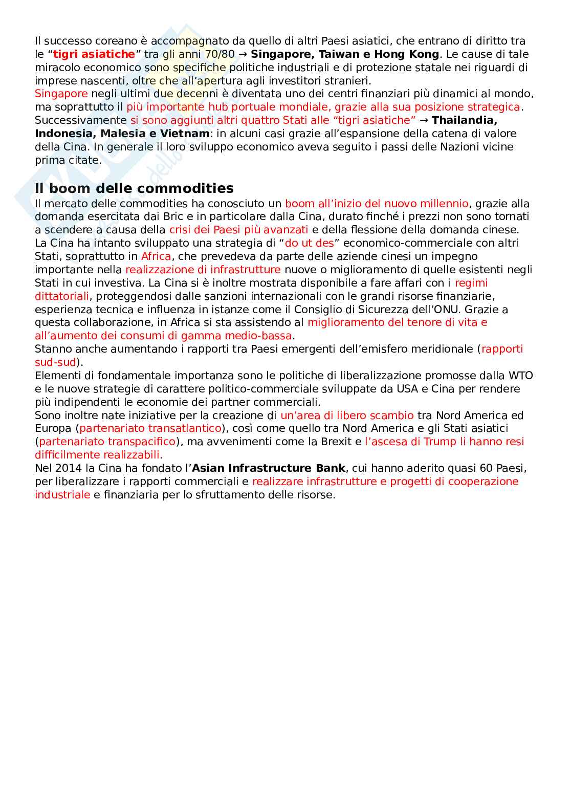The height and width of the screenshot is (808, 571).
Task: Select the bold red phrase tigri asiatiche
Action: [x=94, y=54]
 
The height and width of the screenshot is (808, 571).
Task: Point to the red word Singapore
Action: [x=61, y=94]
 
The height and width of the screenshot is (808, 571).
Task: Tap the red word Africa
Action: [x=156, y=256]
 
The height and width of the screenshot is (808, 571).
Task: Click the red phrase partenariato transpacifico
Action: [x=107, y=442]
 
